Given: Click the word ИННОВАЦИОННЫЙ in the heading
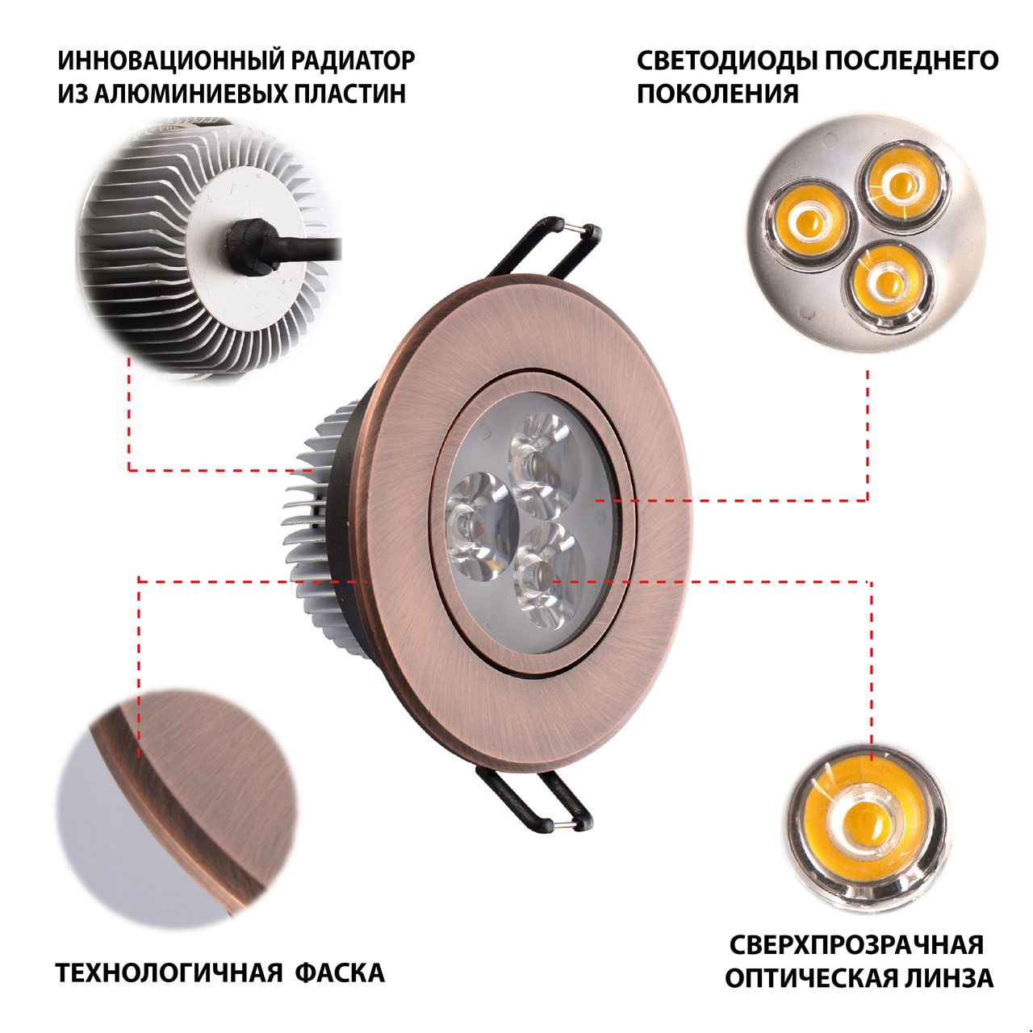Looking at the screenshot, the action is [x=169, y=60].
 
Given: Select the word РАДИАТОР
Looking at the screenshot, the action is [x=353, y=60].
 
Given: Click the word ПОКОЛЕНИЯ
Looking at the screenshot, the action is [x=717, y=94].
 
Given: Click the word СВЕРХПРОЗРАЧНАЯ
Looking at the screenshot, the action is [x=856, y=944].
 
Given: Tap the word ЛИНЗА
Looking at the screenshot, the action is [x=949, y=978].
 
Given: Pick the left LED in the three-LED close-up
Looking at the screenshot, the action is [x=808, y=223].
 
